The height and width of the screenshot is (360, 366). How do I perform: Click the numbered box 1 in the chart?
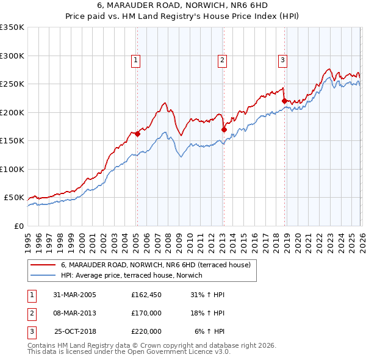[135, 60]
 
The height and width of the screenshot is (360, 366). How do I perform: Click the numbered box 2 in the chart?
[223, 60]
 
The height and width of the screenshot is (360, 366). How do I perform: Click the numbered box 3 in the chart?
[283, 60]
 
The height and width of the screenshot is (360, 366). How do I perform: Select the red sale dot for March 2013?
[224, 129]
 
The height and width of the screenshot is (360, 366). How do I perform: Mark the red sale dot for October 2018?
[285, 101]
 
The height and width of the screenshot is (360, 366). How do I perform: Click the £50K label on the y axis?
[13, 198]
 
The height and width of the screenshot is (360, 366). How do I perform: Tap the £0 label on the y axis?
[18, 226]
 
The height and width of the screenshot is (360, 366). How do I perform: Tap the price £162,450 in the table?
[146, 295]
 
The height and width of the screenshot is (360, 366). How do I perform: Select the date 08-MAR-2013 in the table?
[74, 313]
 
